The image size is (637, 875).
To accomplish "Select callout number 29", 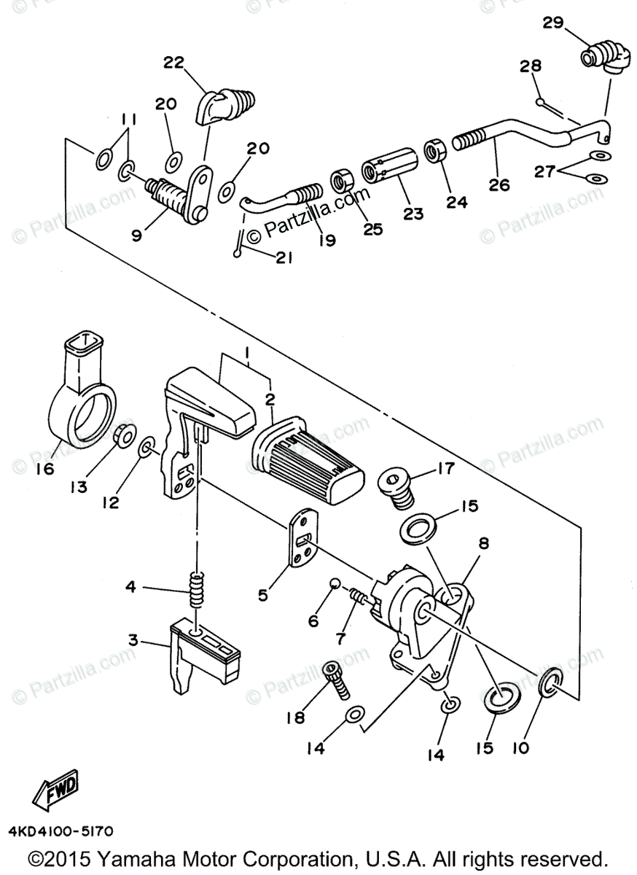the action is tap(553, 23).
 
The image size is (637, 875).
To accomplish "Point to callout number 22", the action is tap(173, 62).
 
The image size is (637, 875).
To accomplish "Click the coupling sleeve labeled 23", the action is tap(389, 166).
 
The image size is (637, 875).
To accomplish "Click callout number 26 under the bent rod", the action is tap(499, 184).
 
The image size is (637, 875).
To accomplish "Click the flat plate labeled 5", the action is tap(304, 537).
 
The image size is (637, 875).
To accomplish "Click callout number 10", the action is tap(521, 748).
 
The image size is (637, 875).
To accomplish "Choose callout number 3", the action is tap(133, 640).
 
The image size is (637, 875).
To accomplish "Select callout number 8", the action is tap(483, 543).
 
